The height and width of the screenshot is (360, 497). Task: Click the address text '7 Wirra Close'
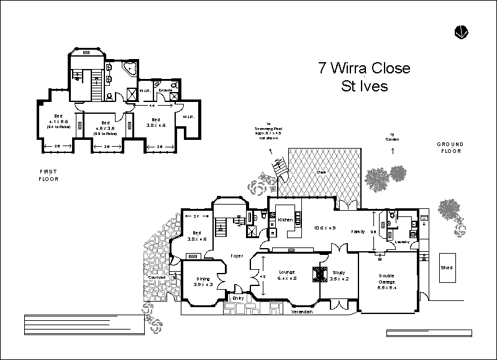(x=364, y=68)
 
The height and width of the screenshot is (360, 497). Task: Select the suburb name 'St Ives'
(x=364, y=86)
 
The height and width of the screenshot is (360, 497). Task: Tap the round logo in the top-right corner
(x=461, y=31)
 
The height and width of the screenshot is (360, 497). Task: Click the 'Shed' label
(x=447, y=268)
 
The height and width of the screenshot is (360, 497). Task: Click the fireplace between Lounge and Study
(x=320, y=273)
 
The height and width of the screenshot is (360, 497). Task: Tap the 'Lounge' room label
(x=286, y=272)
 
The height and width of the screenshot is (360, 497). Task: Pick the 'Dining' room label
(x=204, y=279)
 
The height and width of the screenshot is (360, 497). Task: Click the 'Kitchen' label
(x=285, y=220)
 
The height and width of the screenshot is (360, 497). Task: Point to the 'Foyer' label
(x=237, y=256)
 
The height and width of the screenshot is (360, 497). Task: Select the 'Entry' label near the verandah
(x=237, y=298)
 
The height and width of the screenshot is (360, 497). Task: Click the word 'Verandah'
(x=301, y=312)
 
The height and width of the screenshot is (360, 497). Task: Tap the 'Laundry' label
(x=401, y=242)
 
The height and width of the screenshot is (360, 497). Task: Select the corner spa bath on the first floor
(x=130, y=68)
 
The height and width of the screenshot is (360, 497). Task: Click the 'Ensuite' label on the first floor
(x=165, y=91)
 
